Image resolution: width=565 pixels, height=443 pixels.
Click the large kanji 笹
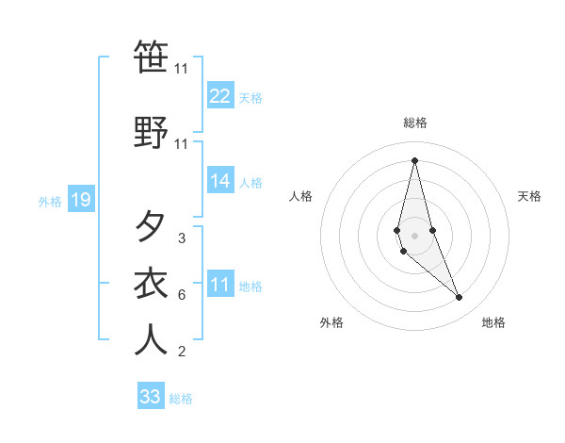[x=151, y=58]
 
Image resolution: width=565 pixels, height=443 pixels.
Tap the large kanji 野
[x=151, y=132]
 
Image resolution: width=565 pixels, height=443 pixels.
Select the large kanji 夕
[x=151, y=226]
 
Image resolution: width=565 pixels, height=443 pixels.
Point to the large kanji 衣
[x=151, y=283]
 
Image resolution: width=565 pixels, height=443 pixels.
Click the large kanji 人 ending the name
[x=151, y=339]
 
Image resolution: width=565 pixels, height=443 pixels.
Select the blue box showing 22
[x=220, y=95]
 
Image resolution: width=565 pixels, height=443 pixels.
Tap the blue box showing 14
[x=220, y=182]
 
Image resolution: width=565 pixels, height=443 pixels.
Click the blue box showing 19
[x=80, y=200]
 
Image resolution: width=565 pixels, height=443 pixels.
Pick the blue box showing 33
[x=151, y=397]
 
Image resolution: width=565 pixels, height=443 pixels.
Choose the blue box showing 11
[x=220, y=286]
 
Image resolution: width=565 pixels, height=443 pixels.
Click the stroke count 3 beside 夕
[x=181, y=238]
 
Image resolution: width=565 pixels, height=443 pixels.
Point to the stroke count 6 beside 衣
[x=181, y=295]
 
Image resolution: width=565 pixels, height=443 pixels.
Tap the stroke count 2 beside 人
[x=181, y=353]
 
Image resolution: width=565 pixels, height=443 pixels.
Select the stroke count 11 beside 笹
[x=181, y=69]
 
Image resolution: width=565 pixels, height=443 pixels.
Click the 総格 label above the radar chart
[x=414, y=123]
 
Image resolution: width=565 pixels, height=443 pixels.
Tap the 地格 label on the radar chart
[x=493, y=322]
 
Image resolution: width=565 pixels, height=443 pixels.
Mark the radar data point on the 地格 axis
[x=460, y=298]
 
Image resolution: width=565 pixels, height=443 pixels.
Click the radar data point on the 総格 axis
[x=414, y=159]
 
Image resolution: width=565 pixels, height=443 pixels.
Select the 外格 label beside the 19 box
[x=50, y=201]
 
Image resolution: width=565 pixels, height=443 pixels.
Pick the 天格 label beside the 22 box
[x=250, y=97]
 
